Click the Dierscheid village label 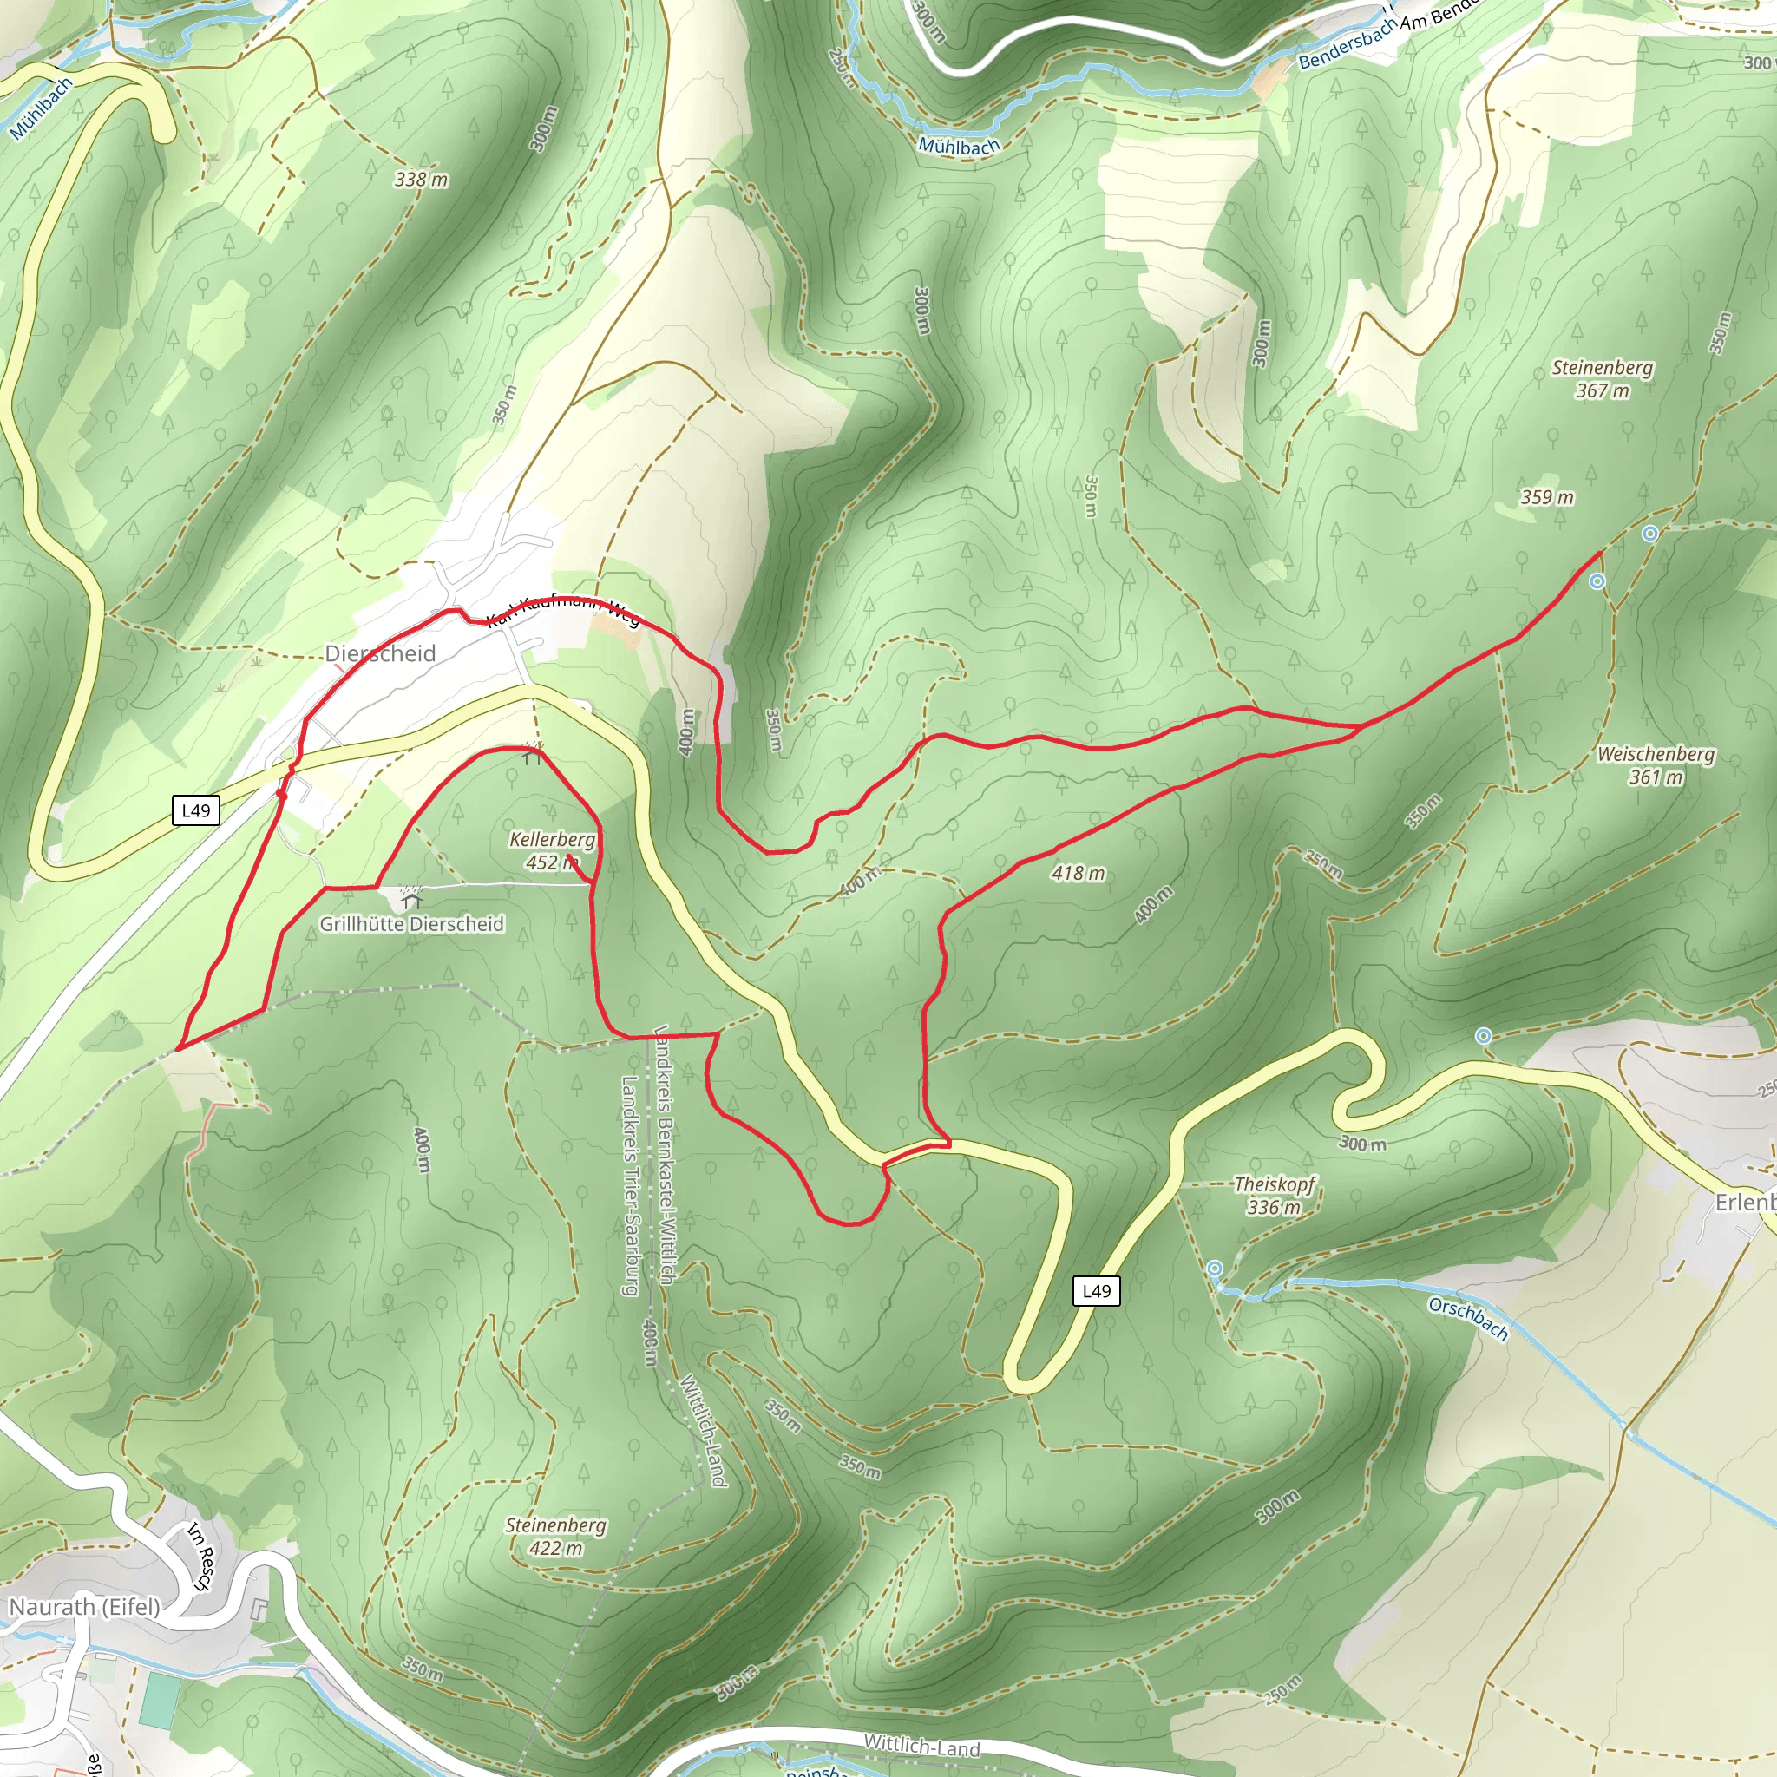(380, 653)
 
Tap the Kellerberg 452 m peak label (552, 851)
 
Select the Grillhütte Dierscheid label (412, 923)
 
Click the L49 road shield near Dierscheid (196, 810)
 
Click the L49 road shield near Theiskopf (1097, 1290)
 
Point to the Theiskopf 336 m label (1274, 1196)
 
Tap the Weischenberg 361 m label (1656, 765)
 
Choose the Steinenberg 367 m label (1603, 379)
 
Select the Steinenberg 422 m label (555, 1536)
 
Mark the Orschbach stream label (1468, 1318)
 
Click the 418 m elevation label (1078, 873)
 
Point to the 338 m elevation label (421, 180)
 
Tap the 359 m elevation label (1547, 497)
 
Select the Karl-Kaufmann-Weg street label (563, 613)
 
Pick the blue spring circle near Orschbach (1215, 1269)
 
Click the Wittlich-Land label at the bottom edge (921, 1745)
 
